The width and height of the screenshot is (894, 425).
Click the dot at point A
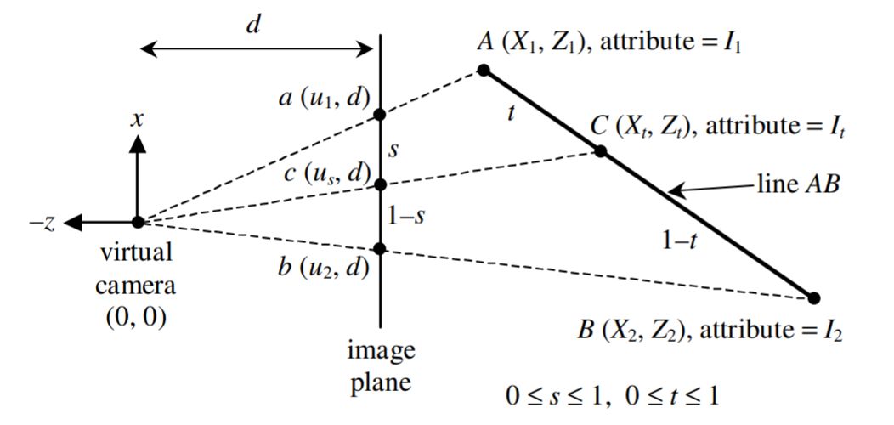tap(484, 70)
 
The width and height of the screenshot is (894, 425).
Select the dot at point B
tap(814, 297)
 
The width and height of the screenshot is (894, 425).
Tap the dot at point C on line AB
tap(600, 151)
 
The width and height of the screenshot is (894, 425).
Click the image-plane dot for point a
tap(380, 114)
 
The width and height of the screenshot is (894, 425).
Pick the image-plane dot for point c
tap(380, 184)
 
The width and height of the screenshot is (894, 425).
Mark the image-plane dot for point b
tap(380, 248)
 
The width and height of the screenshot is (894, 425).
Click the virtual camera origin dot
tap(137, 223)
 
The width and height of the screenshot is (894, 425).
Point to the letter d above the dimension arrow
tap(252, 25)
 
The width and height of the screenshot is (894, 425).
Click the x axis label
tap(136, 119)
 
